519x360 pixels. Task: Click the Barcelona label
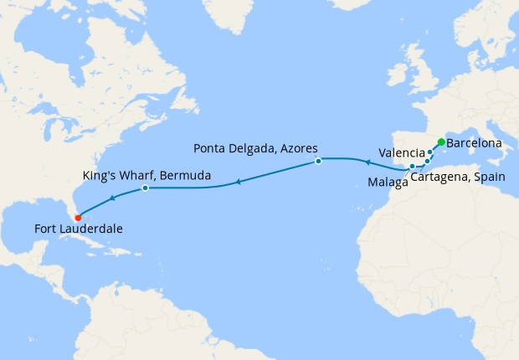(x=475, y=144)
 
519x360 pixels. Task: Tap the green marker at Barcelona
(x=441, y=142)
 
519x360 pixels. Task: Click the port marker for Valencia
(x=430, y=152)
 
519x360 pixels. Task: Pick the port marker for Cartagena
(x=427, y=161)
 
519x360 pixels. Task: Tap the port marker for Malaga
(x=413, y=166)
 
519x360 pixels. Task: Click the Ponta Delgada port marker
(x=319, y=161)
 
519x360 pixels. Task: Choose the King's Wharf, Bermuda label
(x=147, y=176)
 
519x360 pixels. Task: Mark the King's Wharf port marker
(x=145, y=188)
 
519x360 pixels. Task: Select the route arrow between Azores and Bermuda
(x=238, y=181)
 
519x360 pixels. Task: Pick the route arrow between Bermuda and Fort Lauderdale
(x=113, y=198)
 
